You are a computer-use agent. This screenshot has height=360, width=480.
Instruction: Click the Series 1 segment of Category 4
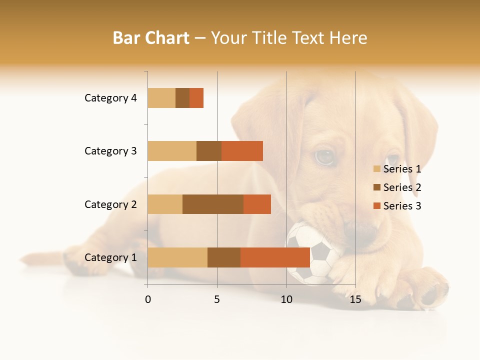tap(161, 98)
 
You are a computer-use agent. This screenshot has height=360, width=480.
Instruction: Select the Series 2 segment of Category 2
tap(213, 204)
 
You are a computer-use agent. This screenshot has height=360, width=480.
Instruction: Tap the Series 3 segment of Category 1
tap(275, 257)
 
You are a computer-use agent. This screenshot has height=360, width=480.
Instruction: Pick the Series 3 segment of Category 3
tap(242, 151)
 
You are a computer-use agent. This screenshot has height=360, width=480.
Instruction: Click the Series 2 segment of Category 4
tap(182, 98)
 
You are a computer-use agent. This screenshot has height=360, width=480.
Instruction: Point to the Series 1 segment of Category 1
tap(177, 257)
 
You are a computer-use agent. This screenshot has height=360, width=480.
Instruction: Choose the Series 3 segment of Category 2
tap(257, 204)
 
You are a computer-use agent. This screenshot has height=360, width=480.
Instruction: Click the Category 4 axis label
tap(110, 98)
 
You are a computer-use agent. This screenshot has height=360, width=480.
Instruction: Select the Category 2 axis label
tap(110, 204)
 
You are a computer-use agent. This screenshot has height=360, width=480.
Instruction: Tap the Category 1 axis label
tap(110, 257)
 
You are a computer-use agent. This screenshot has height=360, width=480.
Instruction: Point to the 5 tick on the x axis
tap(217, 299)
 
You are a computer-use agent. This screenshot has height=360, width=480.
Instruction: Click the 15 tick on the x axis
tap(355, 299)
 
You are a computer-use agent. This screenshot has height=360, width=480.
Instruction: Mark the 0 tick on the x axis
tap(147, 299)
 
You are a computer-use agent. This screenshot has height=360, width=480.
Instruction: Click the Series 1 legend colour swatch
tap(376, 169)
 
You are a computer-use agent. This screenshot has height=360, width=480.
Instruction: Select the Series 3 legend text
tap(402, 206)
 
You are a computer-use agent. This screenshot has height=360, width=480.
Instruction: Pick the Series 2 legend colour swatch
tap(376, 187)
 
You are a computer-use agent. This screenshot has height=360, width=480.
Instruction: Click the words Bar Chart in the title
tap(151, 38)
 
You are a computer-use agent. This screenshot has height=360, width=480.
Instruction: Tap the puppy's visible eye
tap(324, 157)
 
